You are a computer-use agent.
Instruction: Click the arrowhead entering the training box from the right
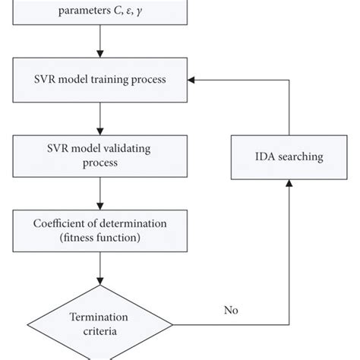pyautogui.click(x=193, y=79)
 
